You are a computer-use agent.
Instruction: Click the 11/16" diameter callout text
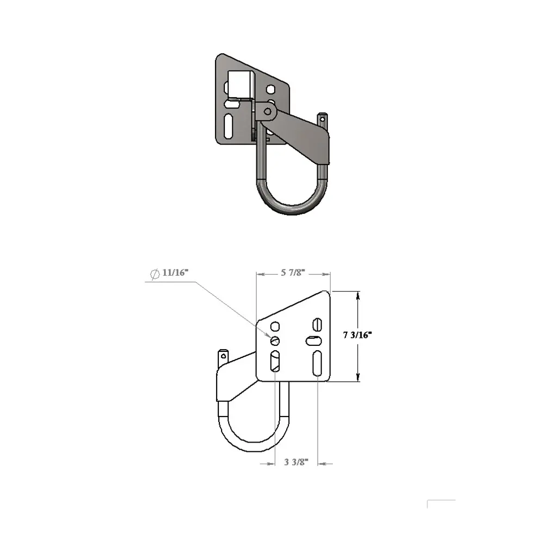click(174, 273)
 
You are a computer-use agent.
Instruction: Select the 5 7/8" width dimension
click(293, 274)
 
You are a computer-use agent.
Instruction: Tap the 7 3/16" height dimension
click(356, 335)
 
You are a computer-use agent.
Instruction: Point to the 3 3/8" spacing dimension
click(296, 463)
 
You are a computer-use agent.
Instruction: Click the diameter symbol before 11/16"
click(154, 273)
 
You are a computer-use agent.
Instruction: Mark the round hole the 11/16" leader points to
click(275, 341)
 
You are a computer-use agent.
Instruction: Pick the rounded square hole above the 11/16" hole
click(275, 326)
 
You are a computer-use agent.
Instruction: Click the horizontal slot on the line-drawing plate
click(314, 341)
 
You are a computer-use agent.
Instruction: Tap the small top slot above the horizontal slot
click(317, 324)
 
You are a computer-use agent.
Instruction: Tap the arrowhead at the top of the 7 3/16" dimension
click(358, 296)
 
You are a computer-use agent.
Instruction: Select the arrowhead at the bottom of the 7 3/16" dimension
click(358, 378)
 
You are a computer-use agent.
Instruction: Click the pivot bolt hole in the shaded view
click(267, 111)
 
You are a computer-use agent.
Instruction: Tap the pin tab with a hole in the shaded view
click(323, 117)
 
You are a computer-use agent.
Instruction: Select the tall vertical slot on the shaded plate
click(230, 126)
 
